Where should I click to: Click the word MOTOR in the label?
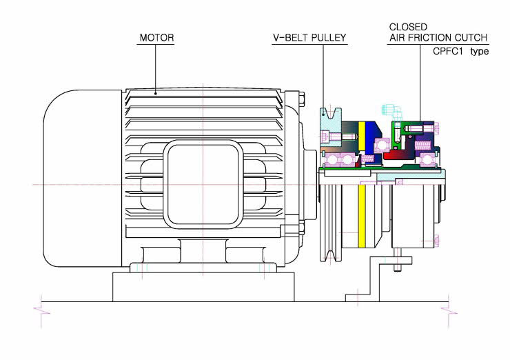pos(156,38)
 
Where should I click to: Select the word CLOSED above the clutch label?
pos(408,27)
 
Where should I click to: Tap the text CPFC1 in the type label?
pos(447,51)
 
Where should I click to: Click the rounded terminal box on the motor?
pos(203,184)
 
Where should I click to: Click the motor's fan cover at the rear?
pos(83,179)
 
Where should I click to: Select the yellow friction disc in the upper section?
pos(361,136)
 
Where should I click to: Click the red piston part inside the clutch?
pos(400,155)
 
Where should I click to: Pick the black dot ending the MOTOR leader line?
pos(156,93)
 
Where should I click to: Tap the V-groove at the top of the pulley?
pos(331,114)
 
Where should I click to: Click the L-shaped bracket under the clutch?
pos(378,279)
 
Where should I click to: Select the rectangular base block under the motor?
pos(203,287)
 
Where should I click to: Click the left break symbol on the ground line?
pos(41,310)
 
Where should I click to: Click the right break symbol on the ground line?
pos(449,310)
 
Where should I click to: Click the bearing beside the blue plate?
pos(382,146)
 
